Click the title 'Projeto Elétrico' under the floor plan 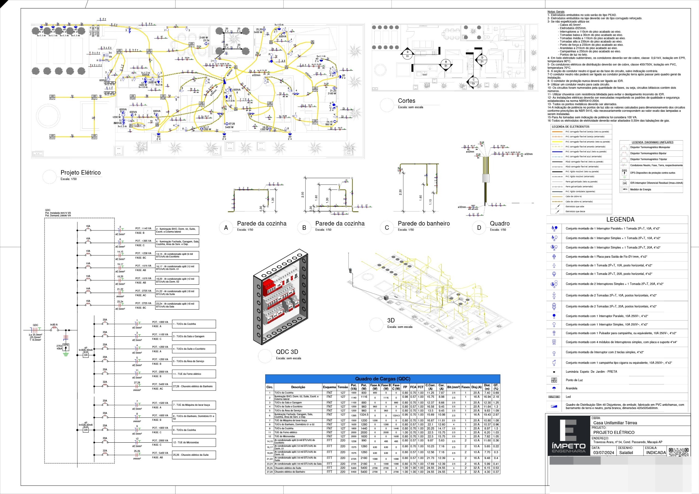[x=80, y=173]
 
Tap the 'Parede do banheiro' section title [x=423, y=224]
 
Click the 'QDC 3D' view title [x=287, y=352]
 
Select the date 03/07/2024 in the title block [x=603, y=452]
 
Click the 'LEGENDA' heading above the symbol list [x=620, y=220]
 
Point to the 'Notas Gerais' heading [x=556, y=11]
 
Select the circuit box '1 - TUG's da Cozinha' [x=194, y=324]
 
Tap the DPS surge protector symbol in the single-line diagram [x=66, y=347]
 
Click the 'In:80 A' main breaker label [x=54, y=325]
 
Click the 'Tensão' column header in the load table [x=342, y=387]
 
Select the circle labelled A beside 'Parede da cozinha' [x=226, y=228]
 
